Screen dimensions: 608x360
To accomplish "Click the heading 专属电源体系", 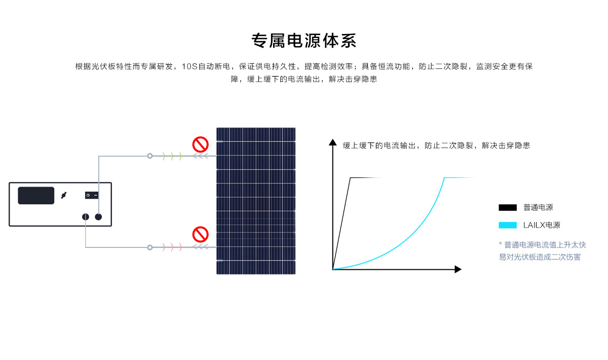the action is [x=303, y=41].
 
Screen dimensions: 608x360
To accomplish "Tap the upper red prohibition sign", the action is [x=200, y=145].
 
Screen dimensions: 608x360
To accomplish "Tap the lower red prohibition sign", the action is [x=200, y=234].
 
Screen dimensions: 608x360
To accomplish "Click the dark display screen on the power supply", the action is [x=36, y=195].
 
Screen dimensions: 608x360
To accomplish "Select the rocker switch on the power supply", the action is [x=92, y=195].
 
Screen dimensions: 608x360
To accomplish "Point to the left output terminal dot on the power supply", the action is [x=86, y=217].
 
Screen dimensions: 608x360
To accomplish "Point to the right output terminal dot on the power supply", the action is [x=98, y=217].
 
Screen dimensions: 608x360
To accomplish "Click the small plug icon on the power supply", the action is [x=64, y=195].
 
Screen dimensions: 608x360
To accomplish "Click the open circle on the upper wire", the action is [x=150, y=156].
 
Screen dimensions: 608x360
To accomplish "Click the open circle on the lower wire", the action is [x=150, y=247].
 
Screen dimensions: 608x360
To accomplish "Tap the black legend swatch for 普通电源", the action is [x=508, y=207].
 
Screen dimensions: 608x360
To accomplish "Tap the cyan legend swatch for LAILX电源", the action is [x=508, y=225].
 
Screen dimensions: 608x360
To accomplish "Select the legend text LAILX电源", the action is [x=542, y=225].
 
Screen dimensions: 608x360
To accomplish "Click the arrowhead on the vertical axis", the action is [x=333, y=142].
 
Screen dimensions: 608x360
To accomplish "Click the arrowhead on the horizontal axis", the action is [x=458, y=269].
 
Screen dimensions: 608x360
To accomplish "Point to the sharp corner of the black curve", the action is [x=351, y=177].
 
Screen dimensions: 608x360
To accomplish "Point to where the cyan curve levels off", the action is [x=444, y=177].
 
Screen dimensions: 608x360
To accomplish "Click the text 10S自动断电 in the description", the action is [x=206, y=66].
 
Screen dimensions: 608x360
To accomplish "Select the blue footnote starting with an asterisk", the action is [x=542, y=251].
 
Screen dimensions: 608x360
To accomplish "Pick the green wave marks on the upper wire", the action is [x=172, y=156].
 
